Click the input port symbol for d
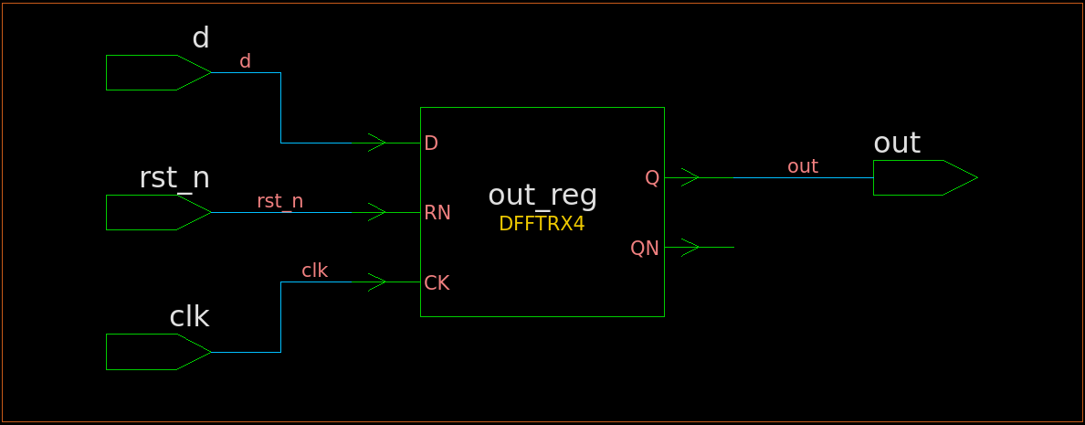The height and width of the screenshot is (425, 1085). [x=159, y=73]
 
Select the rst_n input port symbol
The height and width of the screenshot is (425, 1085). [x=159, y=212]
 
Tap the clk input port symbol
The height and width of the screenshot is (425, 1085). [x=159, y=352]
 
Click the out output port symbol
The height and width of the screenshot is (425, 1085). [x=925, y=178]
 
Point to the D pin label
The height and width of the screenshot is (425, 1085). [x=431, y=143]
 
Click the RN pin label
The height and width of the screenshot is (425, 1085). [x=437, y=212]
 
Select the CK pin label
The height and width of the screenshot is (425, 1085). [x=437, y=283]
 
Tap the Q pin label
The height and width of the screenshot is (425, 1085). [x=652, y=178]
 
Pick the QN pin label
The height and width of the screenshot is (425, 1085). [x=645, y=248]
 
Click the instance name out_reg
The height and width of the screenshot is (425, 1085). [x=542, y=196]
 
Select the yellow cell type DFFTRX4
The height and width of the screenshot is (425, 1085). [x=542, y=224]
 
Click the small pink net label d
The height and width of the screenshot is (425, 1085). [x=245, y=61]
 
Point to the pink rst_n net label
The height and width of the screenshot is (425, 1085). [x=280, y=201]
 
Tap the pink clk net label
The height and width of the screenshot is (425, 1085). [x=315, y=270]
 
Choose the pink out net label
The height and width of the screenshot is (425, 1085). [x=803, y=166]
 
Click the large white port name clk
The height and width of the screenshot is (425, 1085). [x=189, y=316]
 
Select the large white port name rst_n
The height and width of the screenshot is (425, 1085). [x=174, y=178]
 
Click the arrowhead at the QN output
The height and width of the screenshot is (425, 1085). [x=690, y=247]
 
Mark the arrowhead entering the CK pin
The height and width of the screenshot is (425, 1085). [x=377, y=282]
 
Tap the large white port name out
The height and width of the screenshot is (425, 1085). [x=897, y=143]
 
